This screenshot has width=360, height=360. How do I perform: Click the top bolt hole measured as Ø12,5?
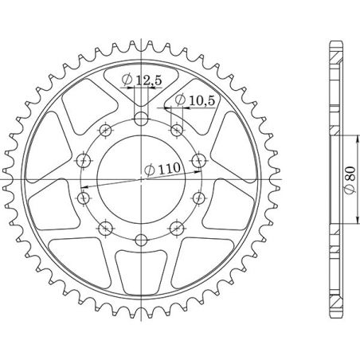pyautogui.click(x=141, y=119)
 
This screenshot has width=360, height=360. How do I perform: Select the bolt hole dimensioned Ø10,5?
pyautogui.click(x=175, y=128)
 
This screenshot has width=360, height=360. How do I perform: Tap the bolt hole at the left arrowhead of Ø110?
pyautogui.click(x=84, y=194)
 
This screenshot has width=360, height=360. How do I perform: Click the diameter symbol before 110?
pyautogui.click(x=150, y=169)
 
